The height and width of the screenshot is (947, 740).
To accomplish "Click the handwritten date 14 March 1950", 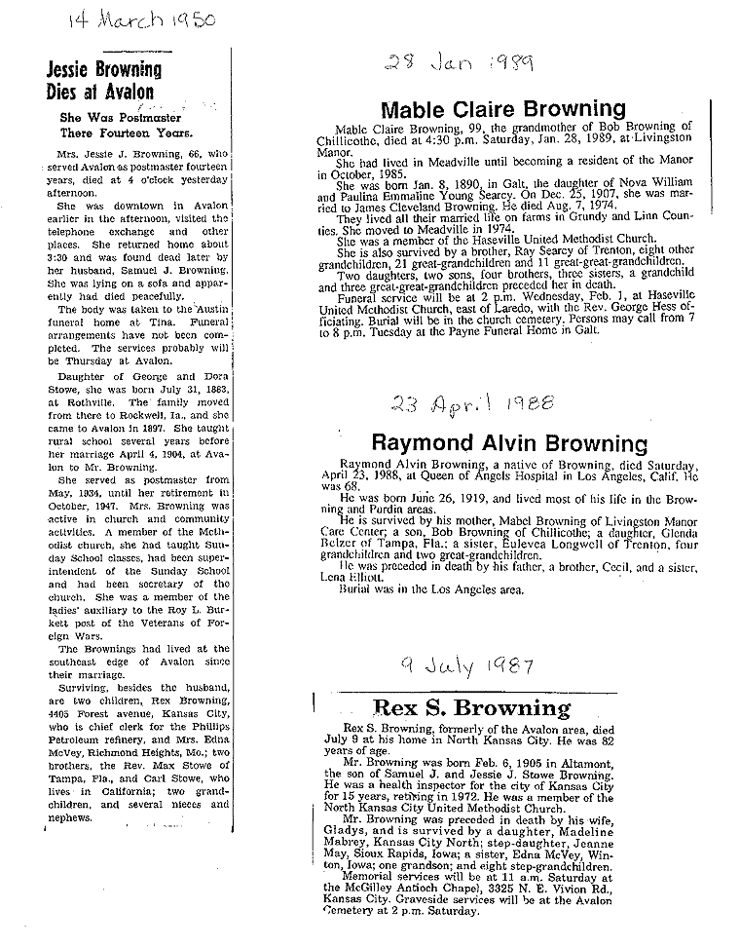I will (x=142, y=22).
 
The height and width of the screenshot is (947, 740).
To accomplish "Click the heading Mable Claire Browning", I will (x=502, y=109).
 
